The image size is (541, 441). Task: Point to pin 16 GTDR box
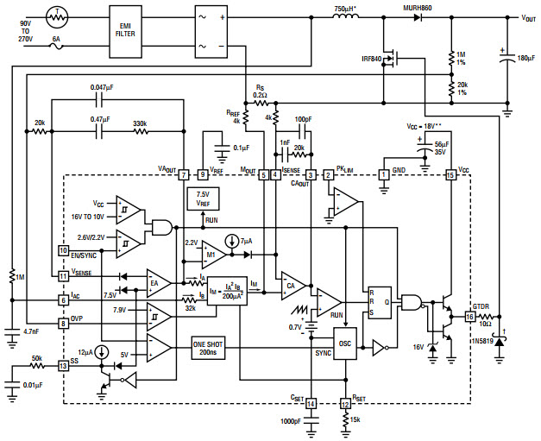click(x=469, y=317)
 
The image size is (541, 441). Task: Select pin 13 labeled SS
click(x=63, y=365)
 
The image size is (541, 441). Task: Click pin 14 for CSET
click(x=311, y=403)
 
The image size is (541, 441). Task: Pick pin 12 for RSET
click(x=345, y=403)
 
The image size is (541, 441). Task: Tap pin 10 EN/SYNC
click(x=63, y=250)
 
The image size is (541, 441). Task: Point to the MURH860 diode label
click(x=418, y=8)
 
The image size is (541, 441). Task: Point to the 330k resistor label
click(x=139, y=124)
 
